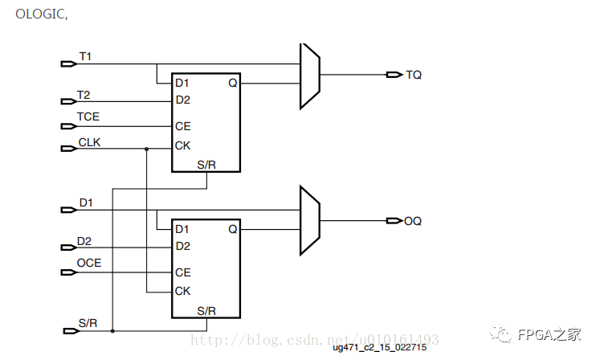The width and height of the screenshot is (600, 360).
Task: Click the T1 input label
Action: pyautogui.click(x=85, y=56)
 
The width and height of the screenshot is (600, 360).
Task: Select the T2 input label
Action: pyautogui.click(x=84, y=95)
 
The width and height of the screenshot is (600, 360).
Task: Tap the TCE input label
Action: pyautogui.click(x=88, y=117)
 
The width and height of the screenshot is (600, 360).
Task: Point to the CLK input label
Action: pyautogui.click(x=90, y=142)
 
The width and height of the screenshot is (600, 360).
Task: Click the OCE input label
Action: pyautogui.click(x=89, y=263)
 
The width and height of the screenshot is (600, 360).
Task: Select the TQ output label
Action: pyautogui.click(x=414, y=75)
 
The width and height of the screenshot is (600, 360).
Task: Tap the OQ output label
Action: pyautogui.click(x=414, y=221)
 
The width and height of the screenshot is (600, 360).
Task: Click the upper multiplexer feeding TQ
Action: pyautogui.click(x=310, y=76)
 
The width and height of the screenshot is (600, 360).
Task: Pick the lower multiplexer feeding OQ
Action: pyautogui.click(x=310, y=221)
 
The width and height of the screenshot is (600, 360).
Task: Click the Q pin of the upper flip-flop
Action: pyautogui.click(x=232, y=83)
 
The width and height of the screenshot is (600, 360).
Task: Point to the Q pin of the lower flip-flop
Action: pyautogui.click(x=232, y=229)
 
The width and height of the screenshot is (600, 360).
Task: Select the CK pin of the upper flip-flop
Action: pyautogui.click(x=183, y=146)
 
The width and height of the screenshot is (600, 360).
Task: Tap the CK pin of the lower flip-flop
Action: pyautogui.click(x=183, y=291)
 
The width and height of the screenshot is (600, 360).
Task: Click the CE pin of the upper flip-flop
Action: pyautogui.click(x=183, y=126)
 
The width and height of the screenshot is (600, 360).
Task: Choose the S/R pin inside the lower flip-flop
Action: pyautogui.click(x=206, y=310)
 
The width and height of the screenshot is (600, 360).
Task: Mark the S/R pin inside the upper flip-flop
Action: pyautogui.click(x=206, y=165)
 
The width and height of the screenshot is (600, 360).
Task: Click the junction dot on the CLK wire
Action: pyautogui.click(x=146, y=149)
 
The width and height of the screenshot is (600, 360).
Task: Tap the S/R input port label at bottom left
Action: pyautogui.click(x=88, y=323)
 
